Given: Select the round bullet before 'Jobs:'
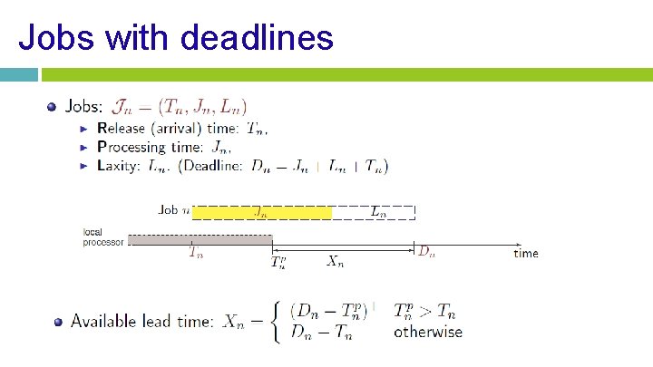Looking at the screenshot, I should (x=51, y=107).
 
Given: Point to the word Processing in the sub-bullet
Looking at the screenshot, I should (x=131, y=147).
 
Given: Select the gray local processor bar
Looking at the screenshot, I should (x=200, y=239).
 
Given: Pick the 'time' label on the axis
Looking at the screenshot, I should (x=525, y=253).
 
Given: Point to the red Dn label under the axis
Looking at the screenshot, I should (x=426, y=252).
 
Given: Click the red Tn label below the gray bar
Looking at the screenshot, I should (x=196, y=253).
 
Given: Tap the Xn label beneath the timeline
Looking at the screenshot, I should (x=335, y=262).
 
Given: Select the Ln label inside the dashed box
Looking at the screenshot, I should (x=378, y=212).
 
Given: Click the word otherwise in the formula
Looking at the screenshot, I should (x=427, y=333).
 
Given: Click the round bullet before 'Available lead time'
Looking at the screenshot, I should (x=58, y=321).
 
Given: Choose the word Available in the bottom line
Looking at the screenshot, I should (x=102, y=321).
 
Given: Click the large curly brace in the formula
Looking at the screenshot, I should (x=276, y=321).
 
